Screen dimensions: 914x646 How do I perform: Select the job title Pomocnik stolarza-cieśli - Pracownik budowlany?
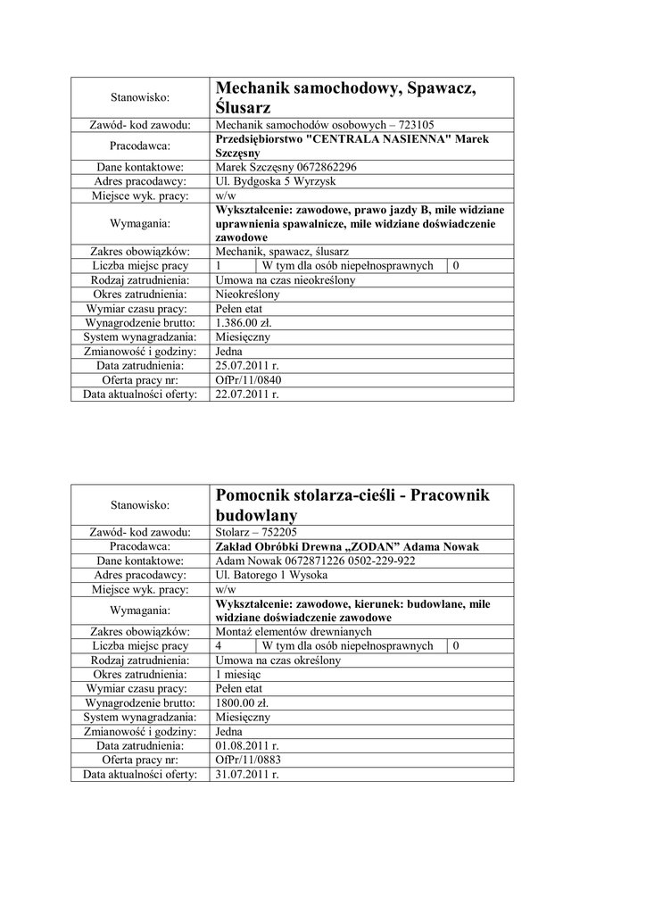pyautogui.click(x=352, y=505)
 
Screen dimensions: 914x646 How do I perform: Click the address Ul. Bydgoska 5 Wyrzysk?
pyautogui.click(x=277, y=181)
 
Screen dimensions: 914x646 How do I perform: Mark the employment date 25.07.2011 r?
pyautogui.click(x=248, y=365)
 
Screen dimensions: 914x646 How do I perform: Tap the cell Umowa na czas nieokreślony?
pyautogui.click(x=286, y=279)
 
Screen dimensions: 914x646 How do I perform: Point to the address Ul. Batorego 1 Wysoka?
pyautogui.click(x=272, y=575)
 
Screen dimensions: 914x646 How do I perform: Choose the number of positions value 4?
pyautogui.click(x=219, y=645)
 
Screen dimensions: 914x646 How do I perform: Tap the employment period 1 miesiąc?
pyautogui.click(x=239, y=674)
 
